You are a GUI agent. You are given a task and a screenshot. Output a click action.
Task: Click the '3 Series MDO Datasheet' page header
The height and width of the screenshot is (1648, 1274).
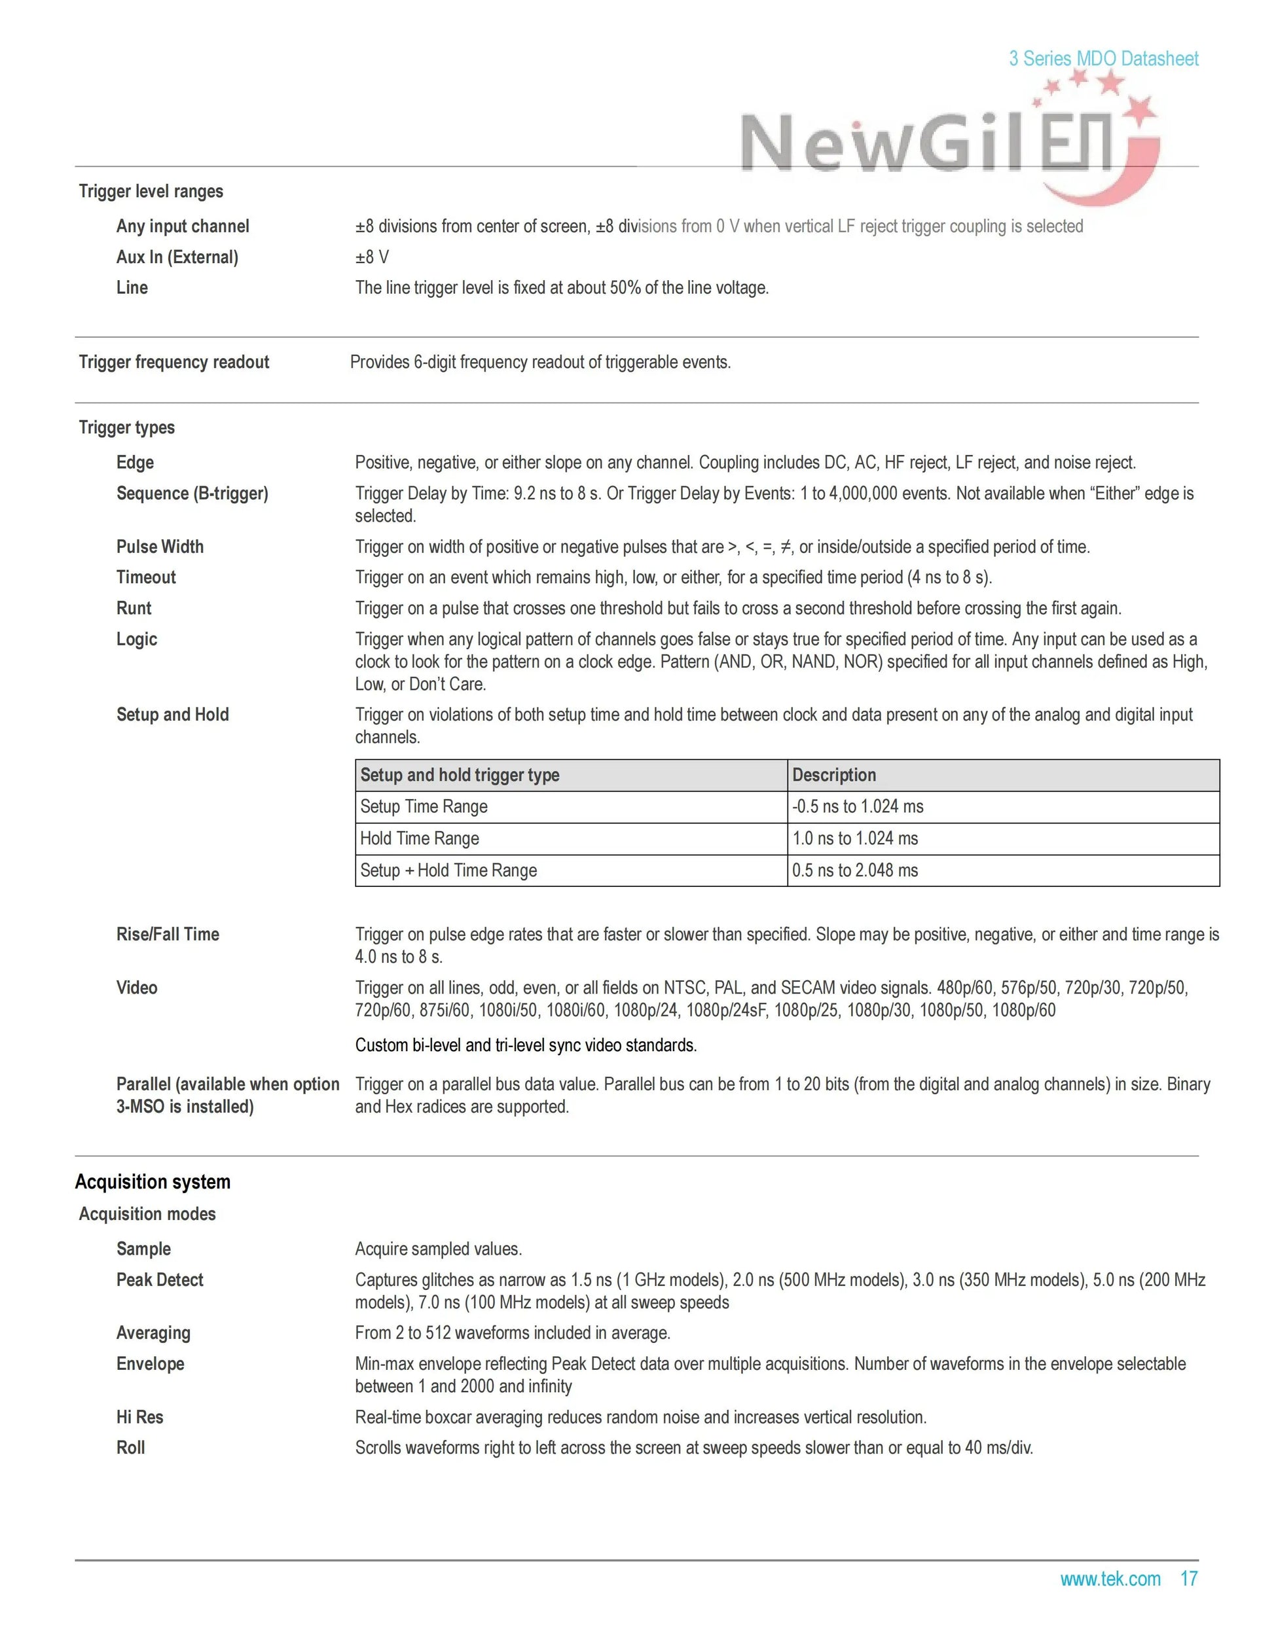point(1102,59)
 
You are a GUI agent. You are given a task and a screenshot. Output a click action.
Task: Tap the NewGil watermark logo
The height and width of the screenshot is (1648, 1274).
point(943,143)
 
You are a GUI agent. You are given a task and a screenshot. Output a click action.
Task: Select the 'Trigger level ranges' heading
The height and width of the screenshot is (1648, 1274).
point(151,192)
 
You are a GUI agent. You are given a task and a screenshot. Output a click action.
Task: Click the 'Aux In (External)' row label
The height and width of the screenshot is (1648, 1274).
point(177,257)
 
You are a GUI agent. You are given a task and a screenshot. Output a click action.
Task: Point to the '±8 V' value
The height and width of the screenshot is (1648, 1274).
point(372,257)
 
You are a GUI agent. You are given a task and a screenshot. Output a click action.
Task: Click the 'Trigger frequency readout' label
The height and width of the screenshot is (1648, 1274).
point(173,362)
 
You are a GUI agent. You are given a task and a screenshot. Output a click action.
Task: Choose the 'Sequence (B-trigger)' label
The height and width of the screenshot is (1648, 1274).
point(192,493)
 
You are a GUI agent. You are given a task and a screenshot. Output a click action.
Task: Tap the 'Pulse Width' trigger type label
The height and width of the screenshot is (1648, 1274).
point(159,547)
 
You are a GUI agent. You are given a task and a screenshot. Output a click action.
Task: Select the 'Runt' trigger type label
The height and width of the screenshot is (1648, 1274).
point(134,608)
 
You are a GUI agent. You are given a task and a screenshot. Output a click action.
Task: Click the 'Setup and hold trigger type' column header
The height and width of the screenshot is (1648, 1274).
point(460,775)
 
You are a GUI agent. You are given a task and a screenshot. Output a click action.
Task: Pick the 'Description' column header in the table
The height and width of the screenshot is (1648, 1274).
point(834,775)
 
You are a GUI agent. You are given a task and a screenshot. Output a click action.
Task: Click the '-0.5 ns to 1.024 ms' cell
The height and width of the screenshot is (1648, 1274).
point(858,806)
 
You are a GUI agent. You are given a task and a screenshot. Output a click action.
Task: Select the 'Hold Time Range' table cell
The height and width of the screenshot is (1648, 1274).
point(419,838)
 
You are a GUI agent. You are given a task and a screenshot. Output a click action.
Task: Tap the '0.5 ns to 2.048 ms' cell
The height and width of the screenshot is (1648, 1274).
point(854,870)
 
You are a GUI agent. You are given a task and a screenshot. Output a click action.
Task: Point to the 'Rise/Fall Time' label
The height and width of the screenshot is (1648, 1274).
point(168,934)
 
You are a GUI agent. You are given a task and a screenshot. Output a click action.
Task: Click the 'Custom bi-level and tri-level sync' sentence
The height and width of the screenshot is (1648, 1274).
point(525,1045)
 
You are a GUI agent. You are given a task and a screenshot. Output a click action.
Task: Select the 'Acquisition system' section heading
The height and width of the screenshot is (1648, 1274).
point(153,1181)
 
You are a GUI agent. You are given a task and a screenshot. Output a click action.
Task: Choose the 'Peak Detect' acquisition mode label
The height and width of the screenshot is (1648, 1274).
point(159,1280)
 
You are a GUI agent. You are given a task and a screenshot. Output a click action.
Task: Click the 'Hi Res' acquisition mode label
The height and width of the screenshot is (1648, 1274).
point(139,1417)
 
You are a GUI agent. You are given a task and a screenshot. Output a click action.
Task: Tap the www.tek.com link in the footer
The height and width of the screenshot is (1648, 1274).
point(1110,1579)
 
